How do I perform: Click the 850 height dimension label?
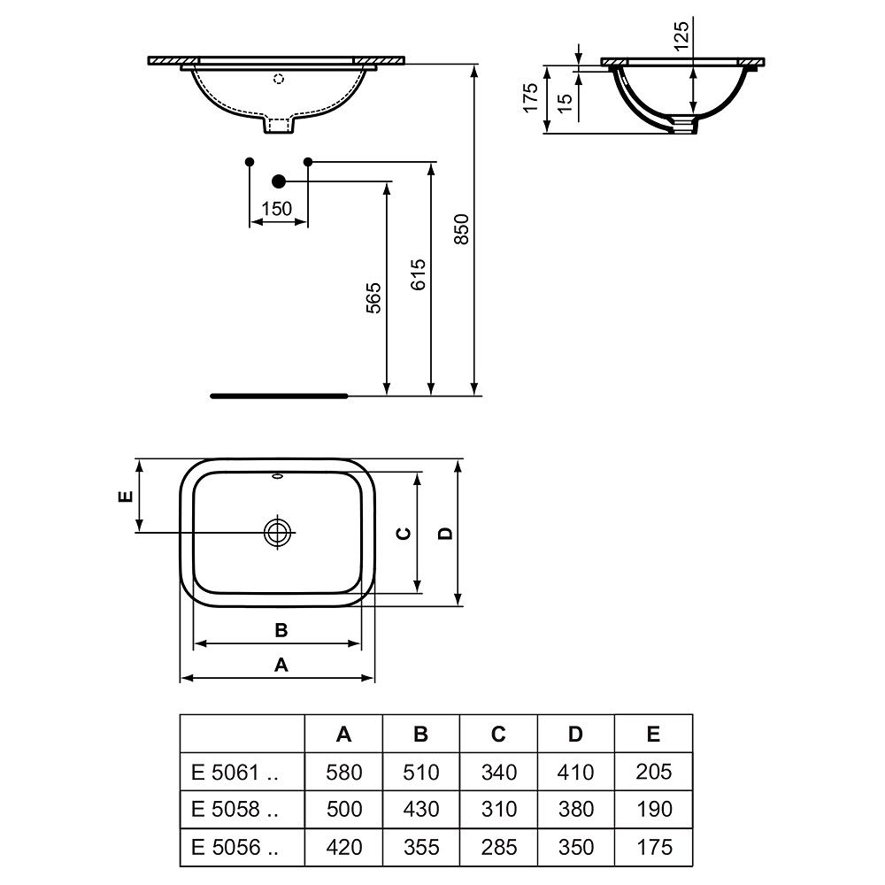point(462,228)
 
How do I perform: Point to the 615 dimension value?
point(419,274)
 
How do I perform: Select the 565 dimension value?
point(373,298)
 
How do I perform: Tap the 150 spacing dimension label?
point(276,209)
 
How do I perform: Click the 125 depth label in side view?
point(681,36)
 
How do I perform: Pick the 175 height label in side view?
point(530,97)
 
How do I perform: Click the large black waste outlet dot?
point(278,181)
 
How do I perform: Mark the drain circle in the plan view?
point(278,532)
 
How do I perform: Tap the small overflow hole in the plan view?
point(278,477)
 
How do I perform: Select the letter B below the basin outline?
point(281,630)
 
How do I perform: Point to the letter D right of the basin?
point(445,533)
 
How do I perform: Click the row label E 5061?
point(235,772)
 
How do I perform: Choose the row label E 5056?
point(235,847)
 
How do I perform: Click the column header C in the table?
point(497,734)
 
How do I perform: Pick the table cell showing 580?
point(343,772)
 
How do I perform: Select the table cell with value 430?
point(421,810)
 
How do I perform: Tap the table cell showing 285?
point(499,847)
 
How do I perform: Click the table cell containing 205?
point(654,772)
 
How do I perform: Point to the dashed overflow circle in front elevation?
point(278,79)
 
